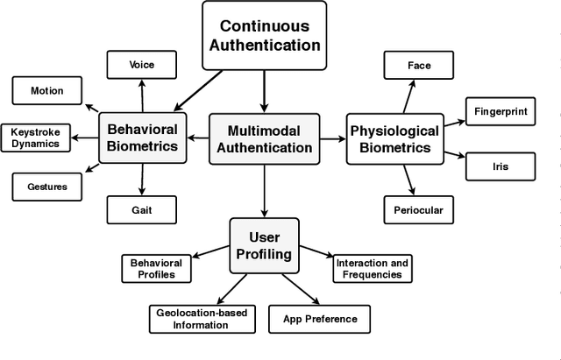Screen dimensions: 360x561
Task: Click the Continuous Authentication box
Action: click(263, 36)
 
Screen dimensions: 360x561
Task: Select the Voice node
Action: click(141, 64)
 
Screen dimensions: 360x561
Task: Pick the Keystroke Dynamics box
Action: click(35, 138)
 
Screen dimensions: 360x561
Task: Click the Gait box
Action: click(141, 209)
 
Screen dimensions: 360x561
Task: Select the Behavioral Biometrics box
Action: click(141, 137)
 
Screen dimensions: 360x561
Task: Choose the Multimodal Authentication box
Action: click(263, 138)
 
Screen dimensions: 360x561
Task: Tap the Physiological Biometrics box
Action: click(394, 138)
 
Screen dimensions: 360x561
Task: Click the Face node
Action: click(419, 66)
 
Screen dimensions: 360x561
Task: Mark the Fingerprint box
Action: click(501, 112)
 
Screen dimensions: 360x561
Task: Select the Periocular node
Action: click(419, 209)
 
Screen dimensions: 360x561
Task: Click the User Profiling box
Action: click(264, 244)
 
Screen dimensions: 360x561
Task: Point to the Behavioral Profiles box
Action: click(156, 268)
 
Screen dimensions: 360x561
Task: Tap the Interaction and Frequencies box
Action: click(373, 268)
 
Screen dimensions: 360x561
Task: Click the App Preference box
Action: click(318, 318)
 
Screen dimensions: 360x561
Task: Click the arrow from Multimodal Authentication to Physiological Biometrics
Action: click(331, 138)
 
